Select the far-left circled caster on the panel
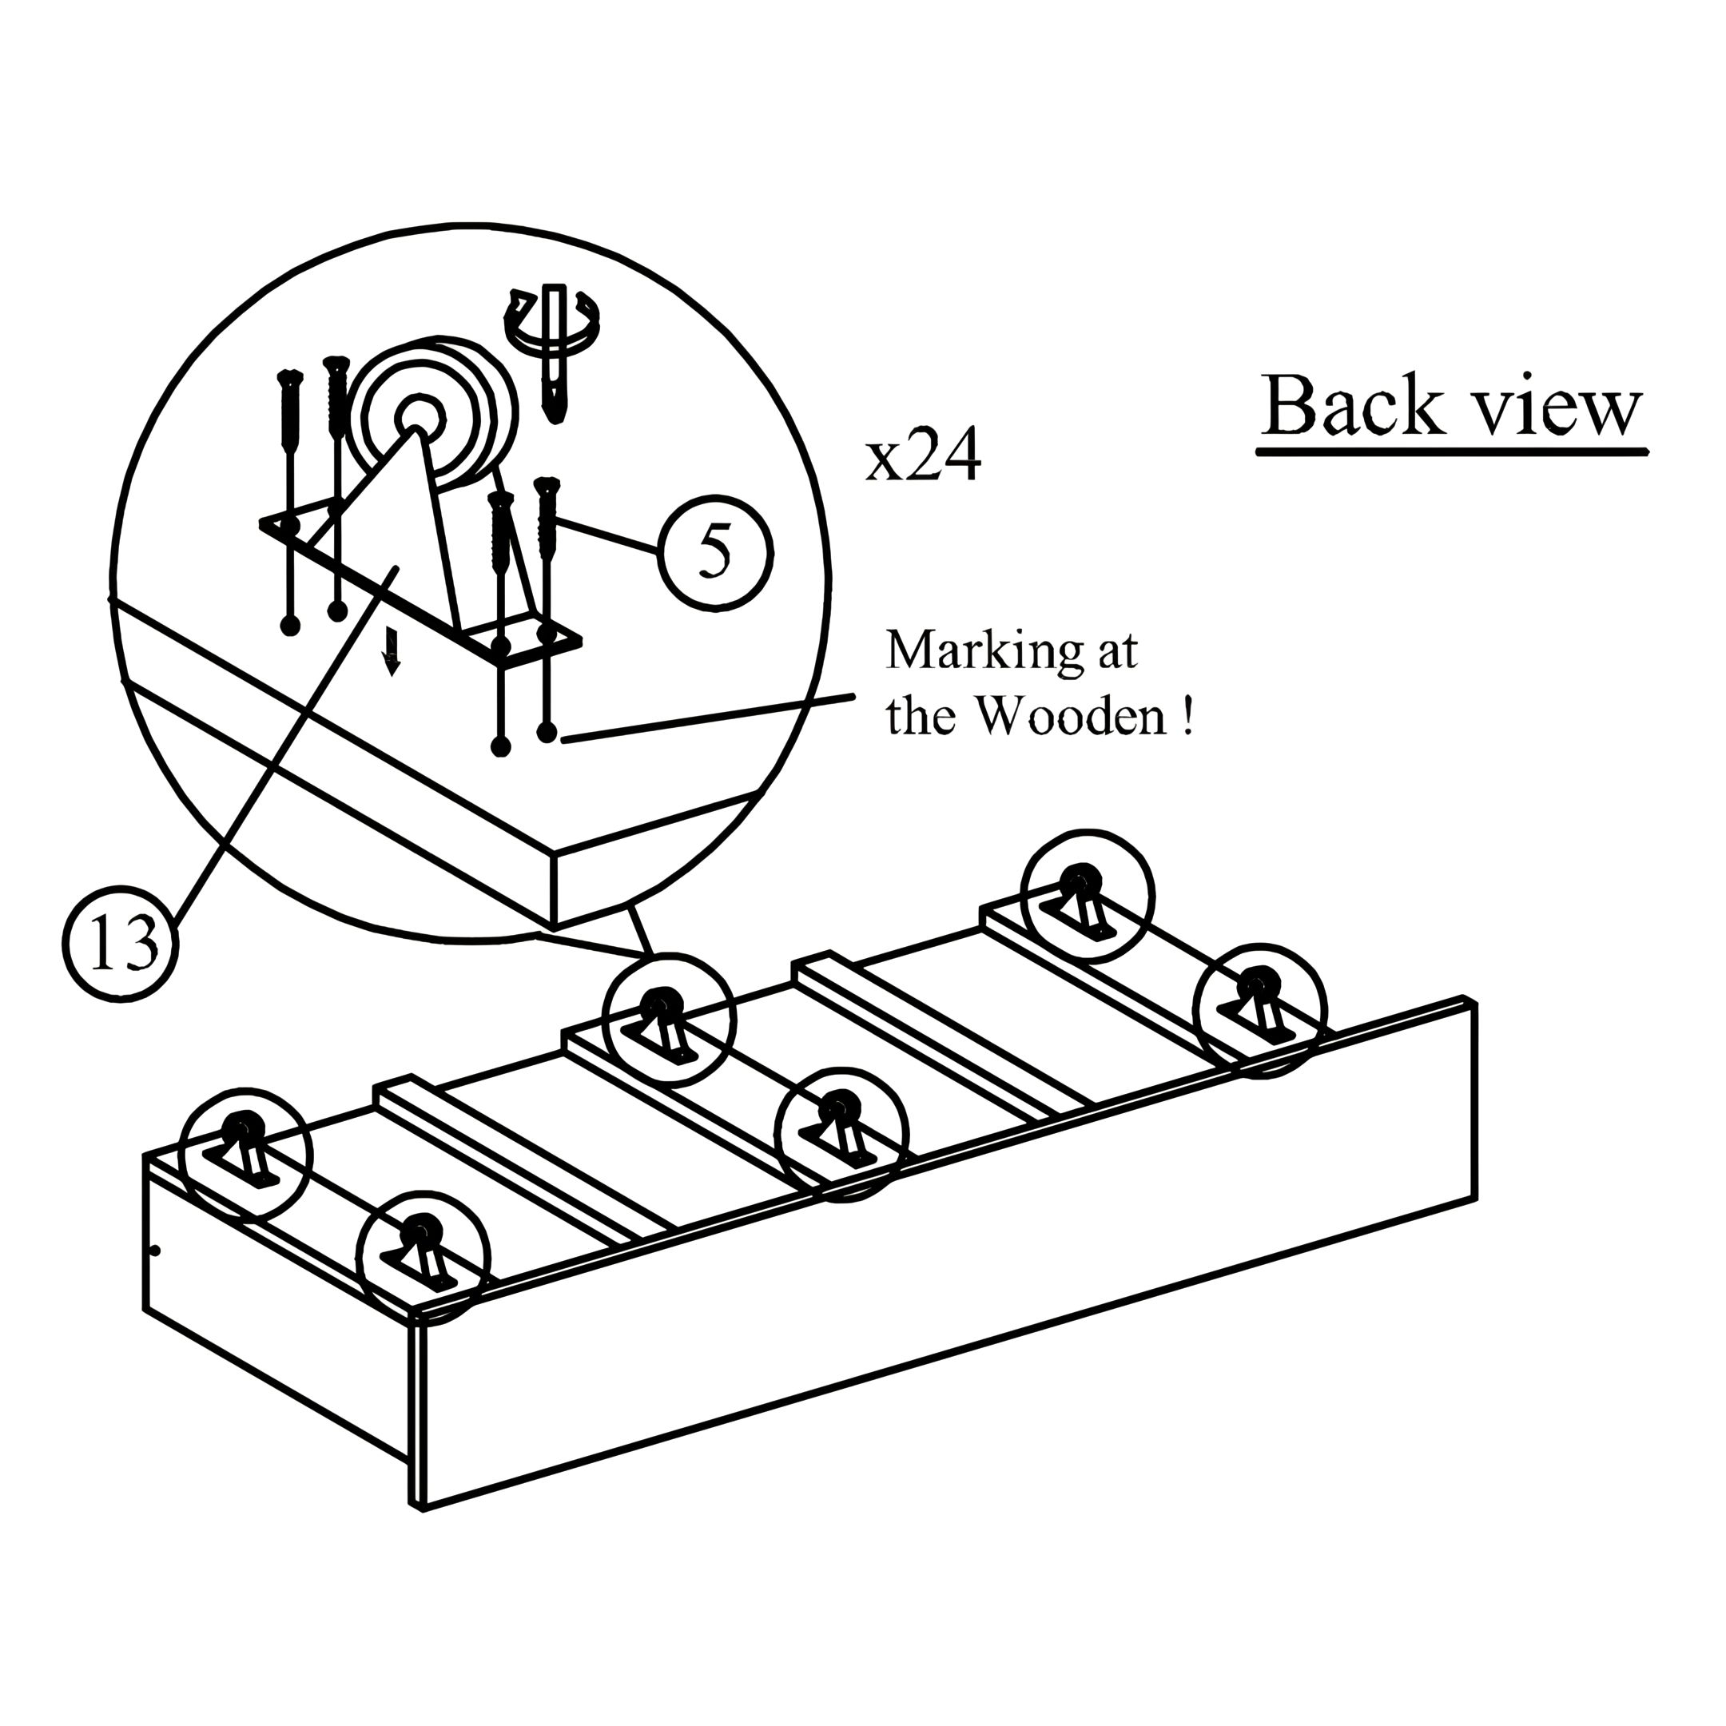click(245, 1153)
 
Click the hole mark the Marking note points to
click(547, 734)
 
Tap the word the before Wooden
click(921, 717)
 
